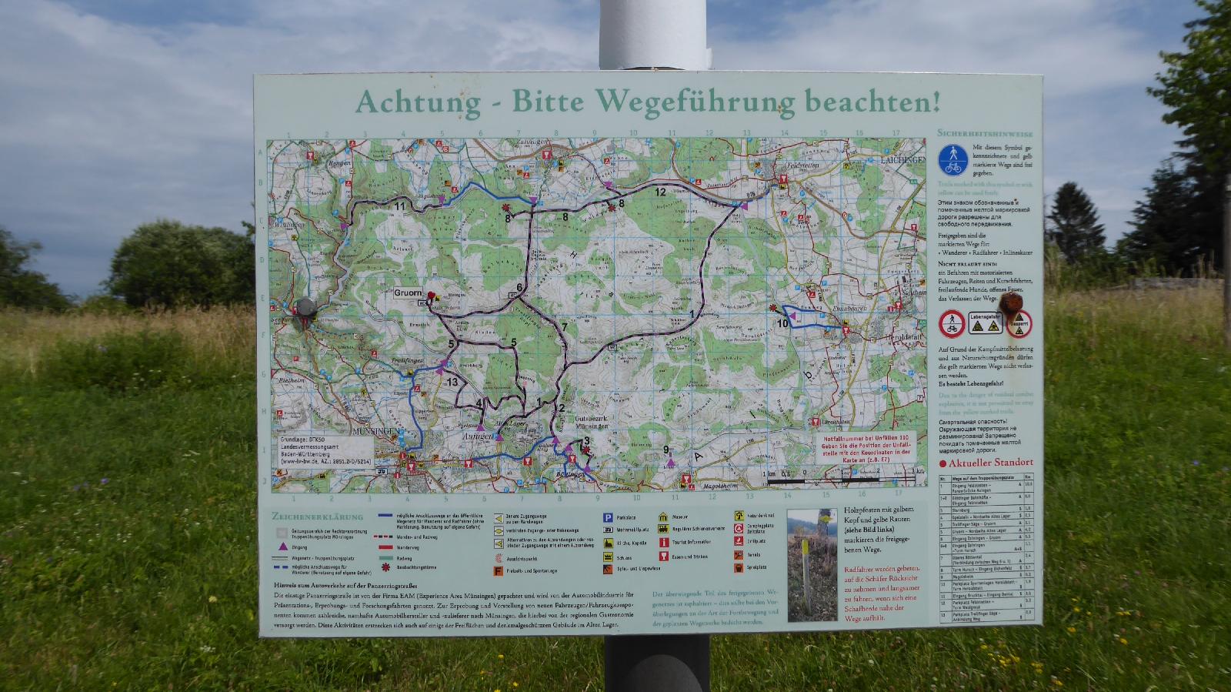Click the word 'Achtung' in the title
[418, 102]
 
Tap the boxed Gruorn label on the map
[408, 293]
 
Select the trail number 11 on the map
[399, 206]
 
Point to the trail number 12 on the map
[660, 192]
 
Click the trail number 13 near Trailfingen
[452, 382]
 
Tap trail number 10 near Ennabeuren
[782, 323]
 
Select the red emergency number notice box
[865, 447]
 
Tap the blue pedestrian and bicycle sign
[952, 159]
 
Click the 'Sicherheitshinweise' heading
[985, 133]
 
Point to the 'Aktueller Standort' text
[990, 463]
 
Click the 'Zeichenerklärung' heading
[317, 516]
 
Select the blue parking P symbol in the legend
[607, 518]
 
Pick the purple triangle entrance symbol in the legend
[282, 547]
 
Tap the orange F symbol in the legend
[498, 571]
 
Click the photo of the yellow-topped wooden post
[812, 564]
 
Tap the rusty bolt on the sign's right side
[1009, 301]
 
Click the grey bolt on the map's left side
[306, 307]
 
